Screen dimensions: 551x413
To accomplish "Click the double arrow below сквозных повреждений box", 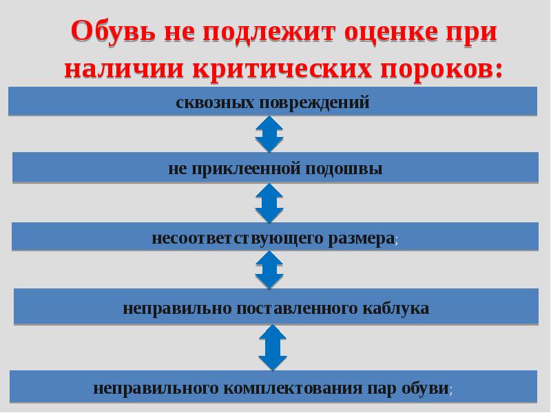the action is (x=269, y=134).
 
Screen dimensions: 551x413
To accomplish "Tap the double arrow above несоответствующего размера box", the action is (x=269, y=203).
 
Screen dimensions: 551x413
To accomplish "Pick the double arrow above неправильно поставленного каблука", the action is (x=269, y=269).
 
